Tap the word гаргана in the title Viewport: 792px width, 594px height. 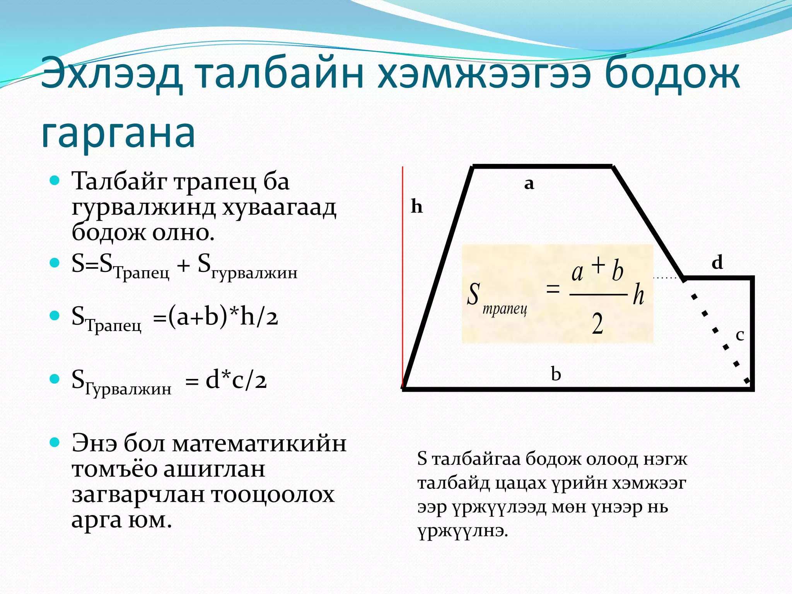pos(118,133)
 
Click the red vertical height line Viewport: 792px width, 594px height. pos(403,271)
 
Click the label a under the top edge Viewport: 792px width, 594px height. pos(529,183)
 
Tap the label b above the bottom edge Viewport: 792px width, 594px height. pos(556,374)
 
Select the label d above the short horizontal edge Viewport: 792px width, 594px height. pos(717,263)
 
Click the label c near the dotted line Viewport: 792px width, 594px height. pos(740,335)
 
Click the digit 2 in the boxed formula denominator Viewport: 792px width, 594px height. pos(597,324)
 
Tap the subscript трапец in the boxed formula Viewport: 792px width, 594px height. pos(505,309)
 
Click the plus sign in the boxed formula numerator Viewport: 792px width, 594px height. pos(598,265)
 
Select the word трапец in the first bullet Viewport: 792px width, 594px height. pos(215,182)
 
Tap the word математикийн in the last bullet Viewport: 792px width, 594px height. pos(259,444)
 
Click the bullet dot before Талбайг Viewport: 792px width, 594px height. pos(55,180)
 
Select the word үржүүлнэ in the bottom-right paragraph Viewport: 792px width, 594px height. pos(463,531)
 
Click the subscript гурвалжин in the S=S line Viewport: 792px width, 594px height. pos(254,273)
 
